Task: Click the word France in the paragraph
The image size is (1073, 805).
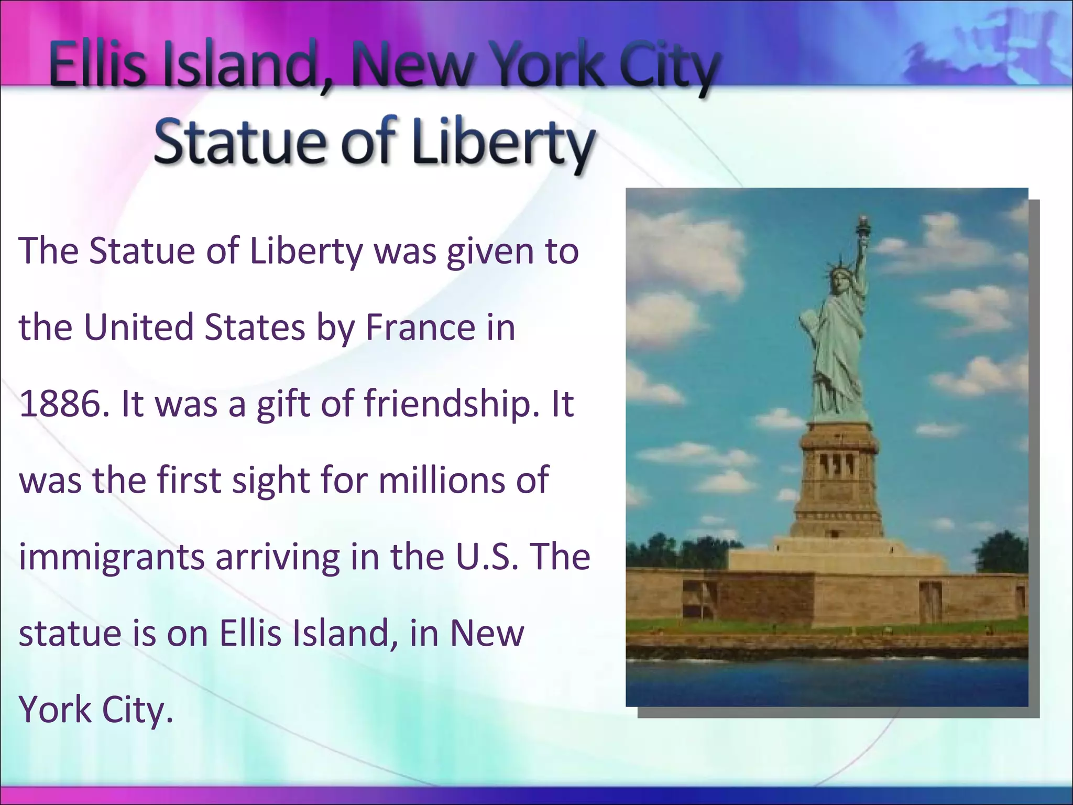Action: pyautogui.click(x=420, y=328)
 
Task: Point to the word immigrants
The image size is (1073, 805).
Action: pyautogui.click(x=112, y=558)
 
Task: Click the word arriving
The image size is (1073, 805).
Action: pyautogui.click(x=278, y=558)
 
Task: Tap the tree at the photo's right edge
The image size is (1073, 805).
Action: pyautogui.click(x=1002, y=553)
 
